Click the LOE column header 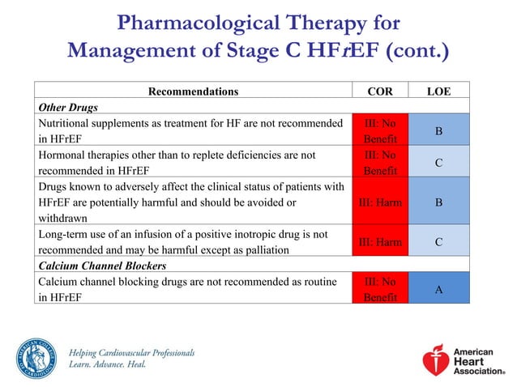438,91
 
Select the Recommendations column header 193,91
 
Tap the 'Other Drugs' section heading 66,107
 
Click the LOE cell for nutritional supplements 438,130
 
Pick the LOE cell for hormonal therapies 438,163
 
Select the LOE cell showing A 438,289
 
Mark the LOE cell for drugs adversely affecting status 438,202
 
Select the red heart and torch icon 436,359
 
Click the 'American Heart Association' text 477,359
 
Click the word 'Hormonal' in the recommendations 62,154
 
